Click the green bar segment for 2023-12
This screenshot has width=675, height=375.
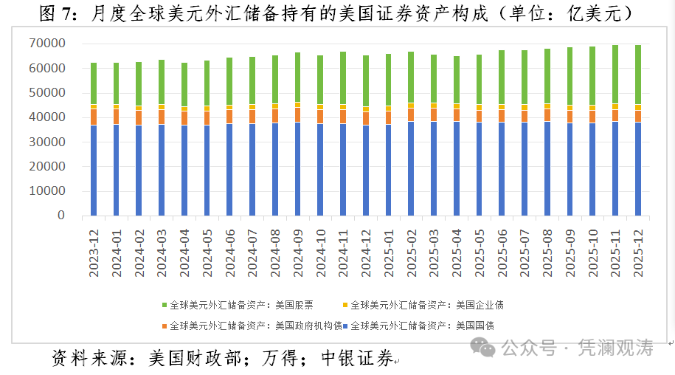(x=94, y=83)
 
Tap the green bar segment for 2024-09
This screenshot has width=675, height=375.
(x=297, y=77)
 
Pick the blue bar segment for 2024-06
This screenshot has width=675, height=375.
(x=229, y=169)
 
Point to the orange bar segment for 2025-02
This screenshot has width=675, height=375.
(x=411, y=114)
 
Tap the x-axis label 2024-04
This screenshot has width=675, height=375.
(x=185, y=251)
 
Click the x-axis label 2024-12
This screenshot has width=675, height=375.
(x=367, y=251)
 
